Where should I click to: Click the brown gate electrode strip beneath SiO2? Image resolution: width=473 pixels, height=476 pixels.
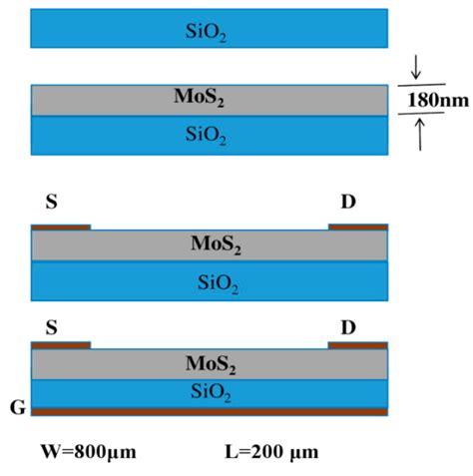coord(210,410)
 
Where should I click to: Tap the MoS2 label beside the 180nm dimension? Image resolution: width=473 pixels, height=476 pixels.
coord(210,100)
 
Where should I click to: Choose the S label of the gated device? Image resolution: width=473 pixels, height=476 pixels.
coord(51,326)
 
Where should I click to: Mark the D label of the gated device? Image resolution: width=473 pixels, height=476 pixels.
coord(347,326)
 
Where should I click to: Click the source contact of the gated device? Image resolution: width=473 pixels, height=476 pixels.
coord(61,344)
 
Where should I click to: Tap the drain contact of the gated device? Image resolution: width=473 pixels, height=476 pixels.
coord(357,344)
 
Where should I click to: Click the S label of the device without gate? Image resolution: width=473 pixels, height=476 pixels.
coord(51,203)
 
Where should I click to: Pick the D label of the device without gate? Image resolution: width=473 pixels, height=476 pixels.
coord(347,203)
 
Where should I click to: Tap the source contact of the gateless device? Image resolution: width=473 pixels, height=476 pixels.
coord(61,227)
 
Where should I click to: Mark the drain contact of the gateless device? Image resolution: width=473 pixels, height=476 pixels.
coord(357,227)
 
